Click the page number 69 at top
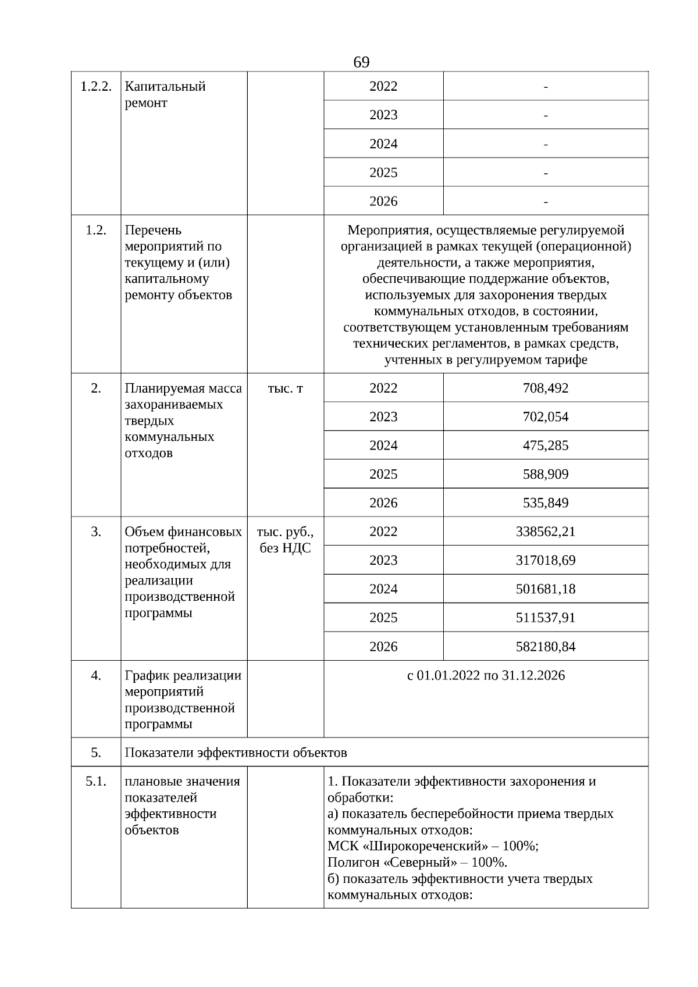361,62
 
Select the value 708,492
546,388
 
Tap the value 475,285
546,446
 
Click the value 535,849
546,503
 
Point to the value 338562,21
546,532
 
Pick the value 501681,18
546,589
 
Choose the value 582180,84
546,646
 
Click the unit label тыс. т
285,388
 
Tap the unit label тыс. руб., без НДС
285,540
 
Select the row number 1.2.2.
95,87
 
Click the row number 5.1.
95,781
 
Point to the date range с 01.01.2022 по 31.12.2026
486,675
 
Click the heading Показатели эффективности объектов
236,753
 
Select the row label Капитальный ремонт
165,95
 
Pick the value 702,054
546,417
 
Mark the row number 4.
95,675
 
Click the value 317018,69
546,560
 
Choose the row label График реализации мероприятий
183,683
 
